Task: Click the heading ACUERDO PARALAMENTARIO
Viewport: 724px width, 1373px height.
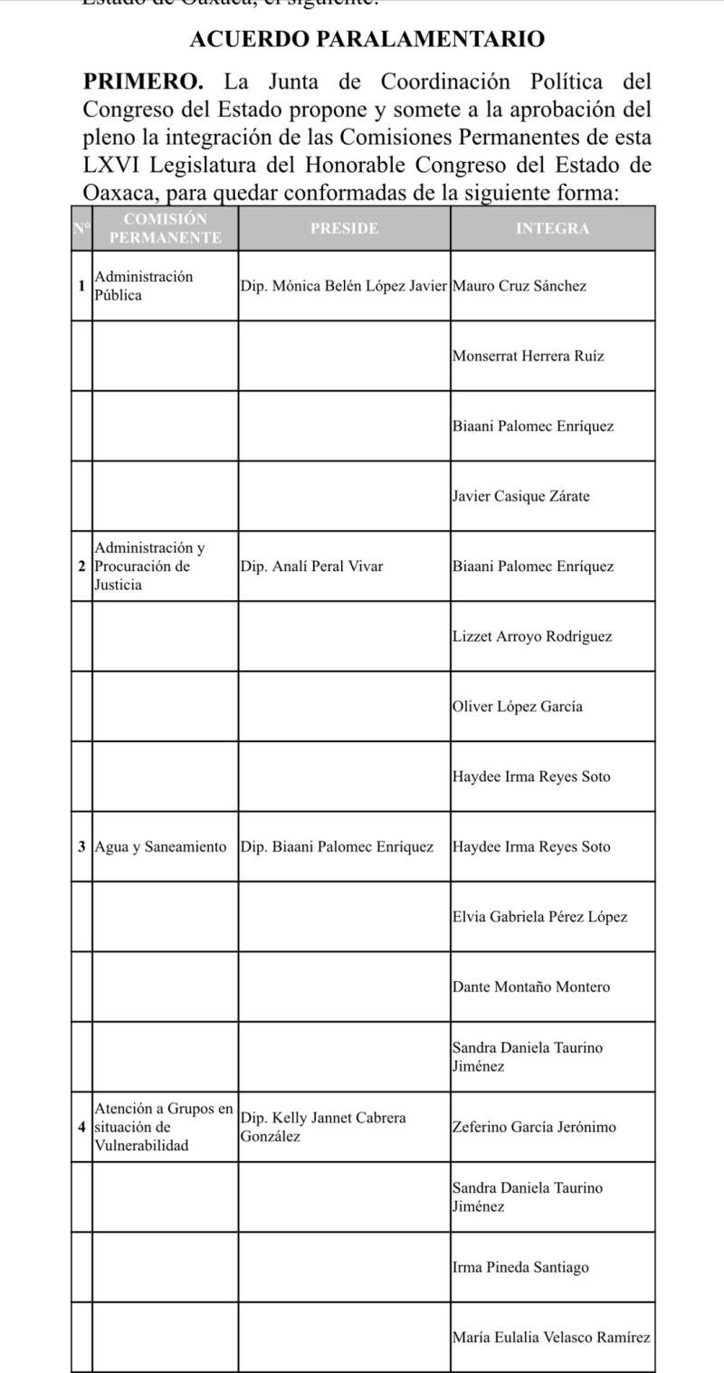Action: click(367, 40)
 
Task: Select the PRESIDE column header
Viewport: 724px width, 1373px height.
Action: click(344, 229)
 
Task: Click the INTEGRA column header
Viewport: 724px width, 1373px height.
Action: click(552, 229)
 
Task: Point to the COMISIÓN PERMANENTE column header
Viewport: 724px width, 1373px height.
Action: click(166, 228)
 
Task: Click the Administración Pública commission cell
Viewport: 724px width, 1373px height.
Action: click(144, 286)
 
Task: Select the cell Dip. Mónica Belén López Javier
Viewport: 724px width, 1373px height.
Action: click(344, 286)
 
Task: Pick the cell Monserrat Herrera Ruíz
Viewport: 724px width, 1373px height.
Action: click(527, 357)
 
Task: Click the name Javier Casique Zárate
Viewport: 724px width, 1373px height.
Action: click(519, 497)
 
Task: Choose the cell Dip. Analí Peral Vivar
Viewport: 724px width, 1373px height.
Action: click(312, 567)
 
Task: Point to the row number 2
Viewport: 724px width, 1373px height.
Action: click(82, 567)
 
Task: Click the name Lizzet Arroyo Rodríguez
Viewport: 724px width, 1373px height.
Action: click(531, 636)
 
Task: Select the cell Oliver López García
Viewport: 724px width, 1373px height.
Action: click(517, 707)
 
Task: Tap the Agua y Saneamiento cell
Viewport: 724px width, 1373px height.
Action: click(160, 847)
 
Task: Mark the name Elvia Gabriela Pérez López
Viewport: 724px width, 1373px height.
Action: click(538, 917)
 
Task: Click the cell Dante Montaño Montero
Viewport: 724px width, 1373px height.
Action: click(530, 987)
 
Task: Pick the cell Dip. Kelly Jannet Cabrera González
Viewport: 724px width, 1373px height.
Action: click(323, 1127)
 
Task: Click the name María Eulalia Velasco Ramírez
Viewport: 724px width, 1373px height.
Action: click(550, 1338)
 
